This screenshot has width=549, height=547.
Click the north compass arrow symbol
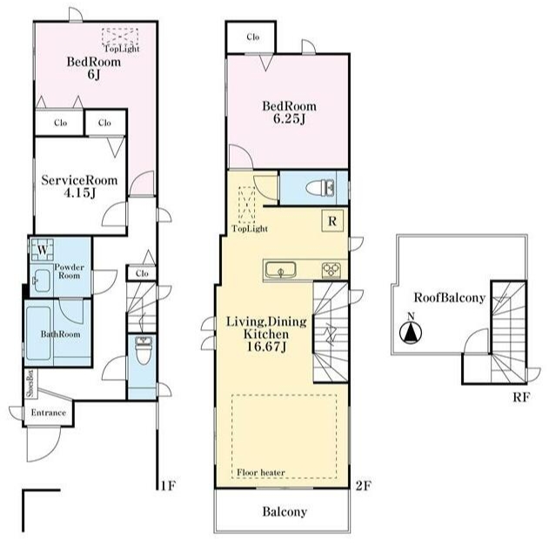(x=411, y=331)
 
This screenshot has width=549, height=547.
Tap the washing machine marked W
(x=43, y=250)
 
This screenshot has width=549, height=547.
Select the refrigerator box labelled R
(x=332, y=221)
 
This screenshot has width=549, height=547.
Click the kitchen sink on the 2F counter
(x=280, y=270)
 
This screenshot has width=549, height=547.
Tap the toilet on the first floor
(x=143, y=351)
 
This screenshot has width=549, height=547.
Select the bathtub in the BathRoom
(x=39, y=334)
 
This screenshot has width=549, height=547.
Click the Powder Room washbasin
(x=42, y=280)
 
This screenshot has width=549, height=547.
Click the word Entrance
(x=49, y=413)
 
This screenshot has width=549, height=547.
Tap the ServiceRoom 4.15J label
(x=79, y=186)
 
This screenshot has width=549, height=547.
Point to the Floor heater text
(x=261, y=472)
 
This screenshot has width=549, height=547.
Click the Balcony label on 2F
(x=285, y=512)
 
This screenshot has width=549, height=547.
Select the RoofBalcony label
(x=450, y=298)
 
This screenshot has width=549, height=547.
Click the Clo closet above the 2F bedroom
(x=253, y=37)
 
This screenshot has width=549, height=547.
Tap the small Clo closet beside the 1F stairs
(x=142, y=273)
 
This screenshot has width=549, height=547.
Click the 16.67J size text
(x=267, y=347)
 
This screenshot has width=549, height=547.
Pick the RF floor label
(x=521, y=397)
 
